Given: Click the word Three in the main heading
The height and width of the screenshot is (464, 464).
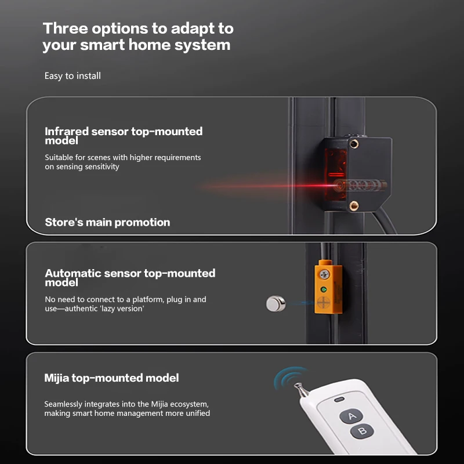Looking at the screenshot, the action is (66, 28).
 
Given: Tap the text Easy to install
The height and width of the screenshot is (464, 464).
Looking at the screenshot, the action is (72, 76).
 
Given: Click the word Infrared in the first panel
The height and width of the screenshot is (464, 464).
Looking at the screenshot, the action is (67, 131).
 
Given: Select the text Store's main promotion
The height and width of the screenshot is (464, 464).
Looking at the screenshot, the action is (107, 222).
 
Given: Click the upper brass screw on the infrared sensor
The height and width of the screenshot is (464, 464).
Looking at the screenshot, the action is (354, 144).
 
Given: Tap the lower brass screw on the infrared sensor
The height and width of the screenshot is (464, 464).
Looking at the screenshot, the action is (354, 205).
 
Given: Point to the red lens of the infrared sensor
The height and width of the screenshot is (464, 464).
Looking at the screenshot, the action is (336, 173).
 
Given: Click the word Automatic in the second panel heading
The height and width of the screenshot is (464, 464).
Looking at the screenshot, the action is (73, 273).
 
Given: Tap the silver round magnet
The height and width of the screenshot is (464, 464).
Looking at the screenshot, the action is (276, 303).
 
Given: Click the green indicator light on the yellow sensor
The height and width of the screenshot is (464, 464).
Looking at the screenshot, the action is (324, 289).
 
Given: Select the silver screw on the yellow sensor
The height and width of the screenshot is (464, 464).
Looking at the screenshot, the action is (325, 274).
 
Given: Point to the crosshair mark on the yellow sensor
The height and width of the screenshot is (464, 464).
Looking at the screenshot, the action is (324, 303).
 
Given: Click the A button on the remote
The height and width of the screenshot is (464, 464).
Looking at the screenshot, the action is (351, 416).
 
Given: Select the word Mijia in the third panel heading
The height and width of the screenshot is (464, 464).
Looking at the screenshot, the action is (56, 378).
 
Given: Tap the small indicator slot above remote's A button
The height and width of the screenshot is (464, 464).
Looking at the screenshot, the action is (339, 400).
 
